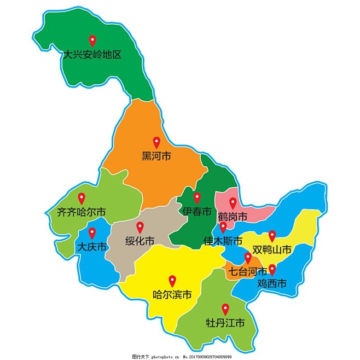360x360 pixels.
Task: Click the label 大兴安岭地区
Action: (92, 55)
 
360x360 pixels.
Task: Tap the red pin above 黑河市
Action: (156, 142)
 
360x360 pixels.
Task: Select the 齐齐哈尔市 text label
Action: (82, 212)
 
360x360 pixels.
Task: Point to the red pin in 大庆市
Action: (92, 233)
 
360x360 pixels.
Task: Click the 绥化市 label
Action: (140, 241)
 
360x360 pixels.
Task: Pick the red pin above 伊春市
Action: (197, 198)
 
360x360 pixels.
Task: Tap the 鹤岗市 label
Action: (232, 217)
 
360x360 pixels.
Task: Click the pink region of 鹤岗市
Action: (257, 211)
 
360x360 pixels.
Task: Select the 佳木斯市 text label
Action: (223, 241)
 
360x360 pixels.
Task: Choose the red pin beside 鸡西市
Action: (272, 269)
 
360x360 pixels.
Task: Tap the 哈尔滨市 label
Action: (172, 295)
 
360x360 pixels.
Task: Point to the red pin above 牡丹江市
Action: (225, 309)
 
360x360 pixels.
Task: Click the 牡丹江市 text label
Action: (225, 323)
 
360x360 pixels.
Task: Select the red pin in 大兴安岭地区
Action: (92, 40)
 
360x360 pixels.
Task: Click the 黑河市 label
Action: (156, 156)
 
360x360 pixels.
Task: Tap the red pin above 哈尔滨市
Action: (172, 280)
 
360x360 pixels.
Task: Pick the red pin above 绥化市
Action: (140, 227)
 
